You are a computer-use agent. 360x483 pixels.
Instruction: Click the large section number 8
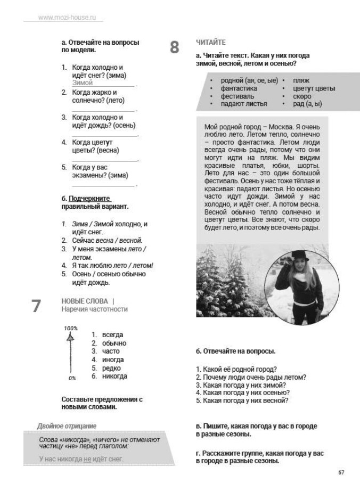pos(175,47)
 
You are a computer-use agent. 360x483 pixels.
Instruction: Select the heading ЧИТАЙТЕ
pos(211,42)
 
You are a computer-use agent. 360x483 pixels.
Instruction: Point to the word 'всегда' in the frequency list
pos(112,334)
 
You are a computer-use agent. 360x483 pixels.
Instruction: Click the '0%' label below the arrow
pos(72,378)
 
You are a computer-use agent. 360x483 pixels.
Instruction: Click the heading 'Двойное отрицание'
pos(67,426)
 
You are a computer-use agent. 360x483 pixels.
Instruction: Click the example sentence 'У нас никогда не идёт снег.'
pos(81,458)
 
